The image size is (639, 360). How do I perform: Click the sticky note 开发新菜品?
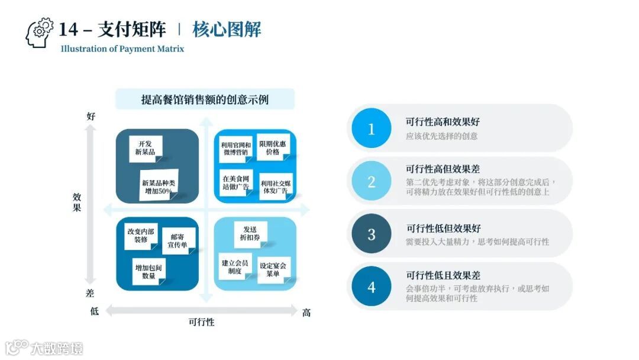coord(146,149)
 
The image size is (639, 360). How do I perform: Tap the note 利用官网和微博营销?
coord(235,149)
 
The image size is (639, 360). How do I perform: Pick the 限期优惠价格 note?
coord(272,147)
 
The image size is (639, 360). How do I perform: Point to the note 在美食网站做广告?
coord(235,182)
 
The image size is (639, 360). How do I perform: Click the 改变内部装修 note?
coord(140,235)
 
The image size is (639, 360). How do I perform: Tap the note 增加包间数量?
coord(148,271)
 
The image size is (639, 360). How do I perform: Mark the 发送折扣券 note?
coord(251,233)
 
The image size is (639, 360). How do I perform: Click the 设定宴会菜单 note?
coord(273,270)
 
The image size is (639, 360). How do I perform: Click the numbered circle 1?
coord(372,128)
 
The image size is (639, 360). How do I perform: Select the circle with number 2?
coord(372,181)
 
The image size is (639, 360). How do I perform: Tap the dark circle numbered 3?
coord(372,234)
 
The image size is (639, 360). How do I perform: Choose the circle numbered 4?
coord(372,287)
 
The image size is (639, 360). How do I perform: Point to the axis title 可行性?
coord(201,322)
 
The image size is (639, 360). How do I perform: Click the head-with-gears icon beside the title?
coord(40,33)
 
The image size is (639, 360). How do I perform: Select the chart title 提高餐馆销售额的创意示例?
coord(205,99)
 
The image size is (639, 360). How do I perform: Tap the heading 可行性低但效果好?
coord(443,228)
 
